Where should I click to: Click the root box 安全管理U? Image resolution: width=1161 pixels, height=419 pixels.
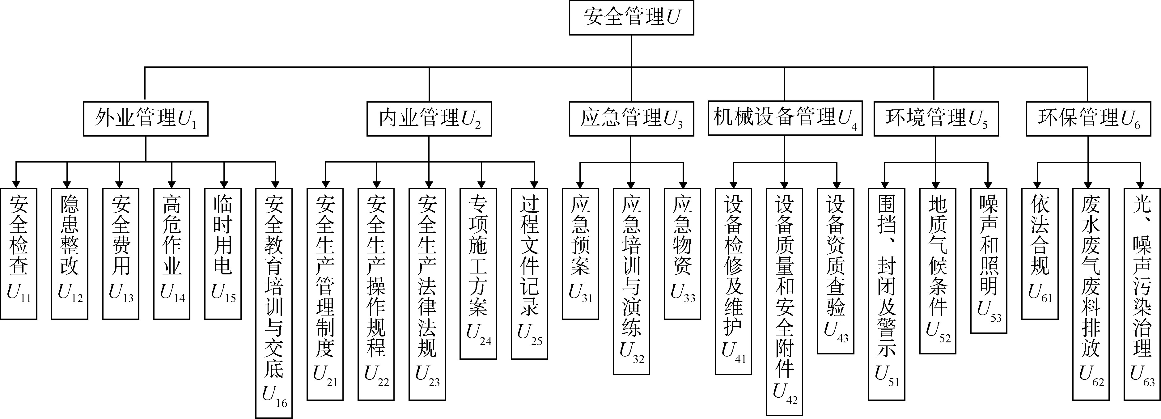(x=631, y=18)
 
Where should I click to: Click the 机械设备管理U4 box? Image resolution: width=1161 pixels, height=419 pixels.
(x=785, y=118)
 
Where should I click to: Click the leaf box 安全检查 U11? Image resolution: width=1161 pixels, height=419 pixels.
(x=19, y=253)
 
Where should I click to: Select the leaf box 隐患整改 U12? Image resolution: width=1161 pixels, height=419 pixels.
(x=70, y=253)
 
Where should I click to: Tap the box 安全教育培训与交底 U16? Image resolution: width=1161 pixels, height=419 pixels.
(x=273, y=303)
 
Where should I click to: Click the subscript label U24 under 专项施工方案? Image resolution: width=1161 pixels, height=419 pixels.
(x=478, y=334)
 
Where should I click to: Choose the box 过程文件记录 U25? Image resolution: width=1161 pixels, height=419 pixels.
(x=529, y=273)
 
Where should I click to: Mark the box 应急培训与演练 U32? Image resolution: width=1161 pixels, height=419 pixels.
(x=631, y=281)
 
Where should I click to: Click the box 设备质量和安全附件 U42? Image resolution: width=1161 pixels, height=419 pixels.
(x=784, y=301)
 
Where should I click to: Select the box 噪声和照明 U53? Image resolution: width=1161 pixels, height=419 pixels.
(x=988, y=260)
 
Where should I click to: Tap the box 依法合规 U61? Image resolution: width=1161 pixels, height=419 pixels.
(x=1039, y=253)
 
